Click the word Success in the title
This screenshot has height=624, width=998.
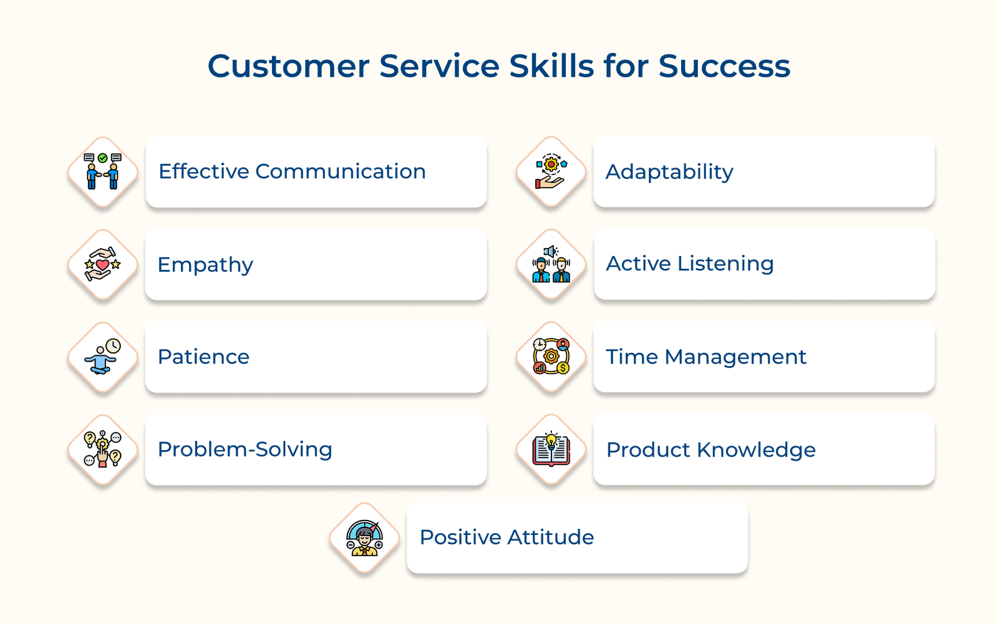(x=724, y=66)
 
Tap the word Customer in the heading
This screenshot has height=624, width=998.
(x=288, y=66)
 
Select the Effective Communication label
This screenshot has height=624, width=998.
(x=292, y=171)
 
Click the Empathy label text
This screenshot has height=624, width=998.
(x=205, y=265)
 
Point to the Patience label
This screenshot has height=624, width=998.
(x=203, y=357)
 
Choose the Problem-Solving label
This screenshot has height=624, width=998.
(x=245, y=449)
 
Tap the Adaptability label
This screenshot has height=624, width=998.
(x=669, y=172)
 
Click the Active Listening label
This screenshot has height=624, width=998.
(x=690, y=264)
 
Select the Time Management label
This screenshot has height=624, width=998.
(x=706, y=357)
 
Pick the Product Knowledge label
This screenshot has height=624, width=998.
(x=711, y=450)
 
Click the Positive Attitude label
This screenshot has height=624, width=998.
(x=506, y=537)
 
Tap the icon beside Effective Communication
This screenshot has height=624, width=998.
(x=103, y=171)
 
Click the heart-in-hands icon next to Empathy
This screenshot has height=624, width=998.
(x=103, y=264)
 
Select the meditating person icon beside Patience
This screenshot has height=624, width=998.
(x=103, y=357)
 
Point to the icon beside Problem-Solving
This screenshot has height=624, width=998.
(x=103, y=449)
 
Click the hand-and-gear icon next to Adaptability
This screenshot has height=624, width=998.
(x=551, y=171)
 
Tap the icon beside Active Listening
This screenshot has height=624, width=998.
(x=551, y=264)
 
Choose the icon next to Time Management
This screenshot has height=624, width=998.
(x=551, y=357)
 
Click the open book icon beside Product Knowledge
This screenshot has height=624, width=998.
(x=551, y=449)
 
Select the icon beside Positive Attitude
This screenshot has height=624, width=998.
(x=365, y=538)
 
